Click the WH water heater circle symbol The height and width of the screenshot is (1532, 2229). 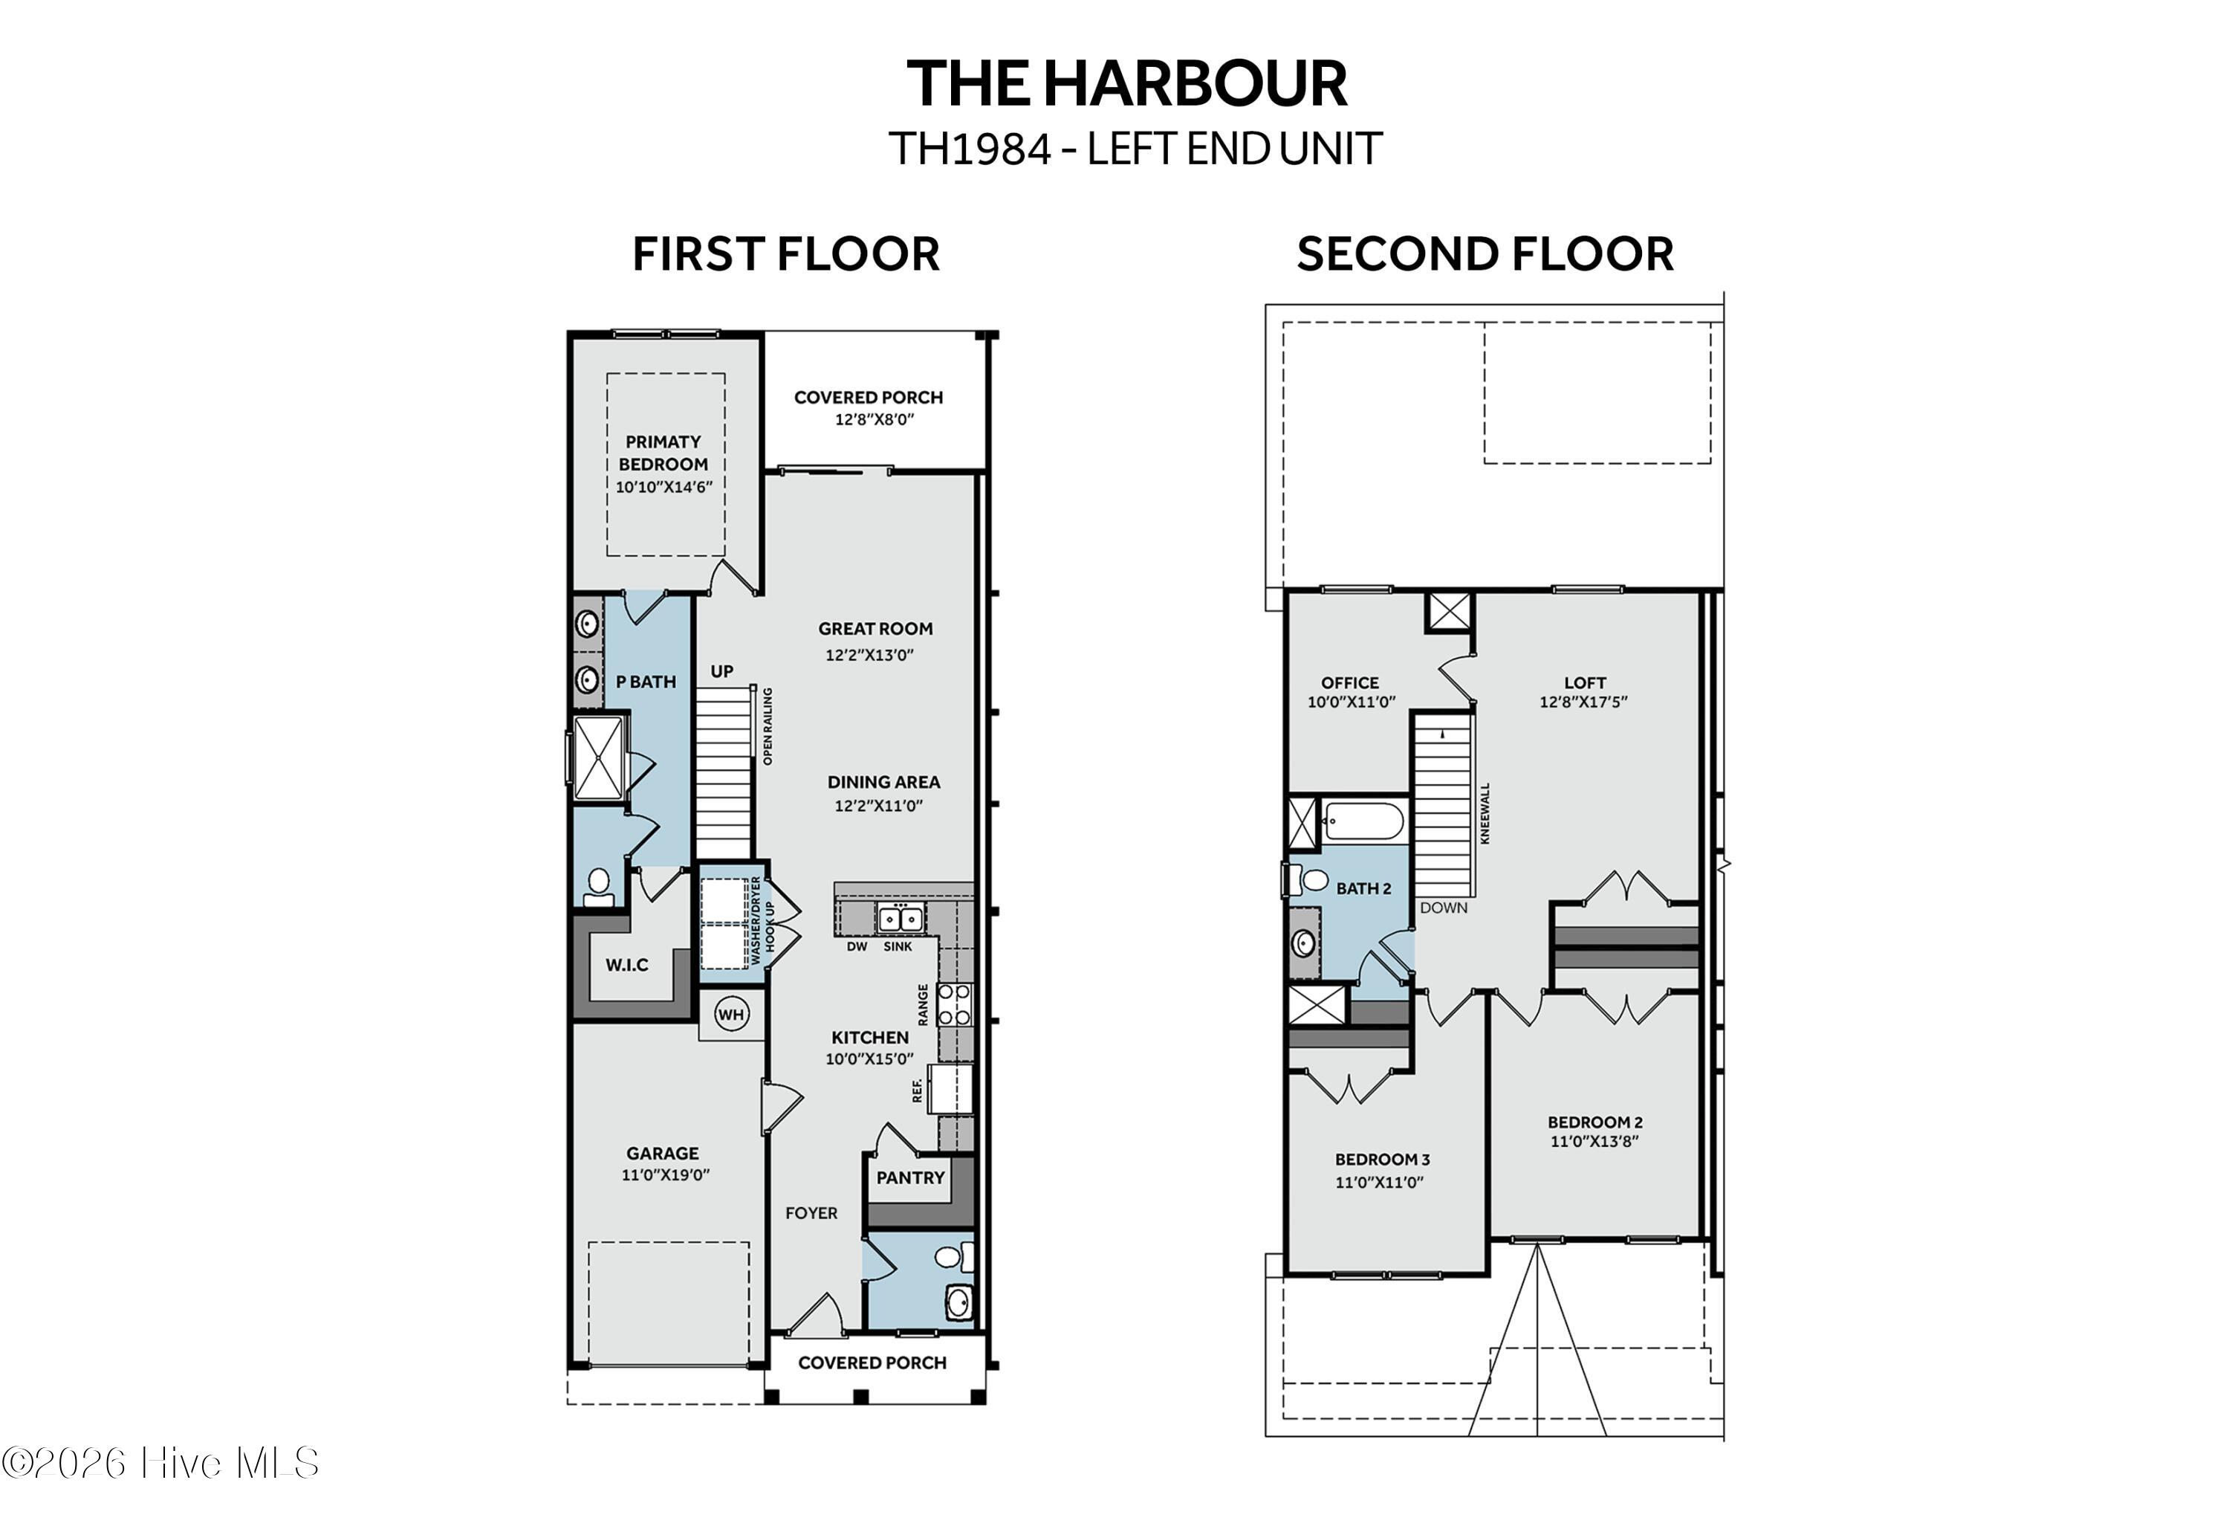pyautogui.click(x=731, y=1014)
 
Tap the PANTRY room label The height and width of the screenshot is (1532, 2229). pyautogui.click(x=909, y=1177)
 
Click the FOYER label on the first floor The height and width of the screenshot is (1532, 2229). pyautogui.click(x=811, y=1212)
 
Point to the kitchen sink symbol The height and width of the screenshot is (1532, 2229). pyautogui.click(x=899, y=919)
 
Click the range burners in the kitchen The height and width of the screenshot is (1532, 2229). pyautogui.click(x=955, y=1004)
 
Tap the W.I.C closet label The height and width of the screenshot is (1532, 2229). pyautogui.click(x=626, y=965)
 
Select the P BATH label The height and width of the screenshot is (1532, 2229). pyautogui.click(x=646, y=682)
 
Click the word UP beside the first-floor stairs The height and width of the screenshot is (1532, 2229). pyautogui.click(x=721, y=671)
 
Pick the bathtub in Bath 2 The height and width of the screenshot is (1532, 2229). pyautogui.click(x=1363, y=821)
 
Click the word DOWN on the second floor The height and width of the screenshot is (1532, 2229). pyautogui.click(x=1443, y=907)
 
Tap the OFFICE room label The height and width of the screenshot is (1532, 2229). pyautogui.click(x=1350, y=682)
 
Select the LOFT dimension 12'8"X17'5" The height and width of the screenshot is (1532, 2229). pyautogui.click(x=1583, y=702)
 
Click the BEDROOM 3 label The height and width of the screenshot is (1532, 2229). pyautogui.click(x=1382, y=1160)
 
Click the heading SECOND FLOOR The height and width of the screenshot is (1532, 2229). pyautogui.click(x=1485, y=254)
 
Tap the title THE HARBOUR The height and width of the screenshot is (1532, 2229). pyautogui.click(x=1126, y=83)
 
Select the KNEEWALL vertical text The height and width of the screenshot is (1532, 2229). pyautogui.click(x=1485, y=813)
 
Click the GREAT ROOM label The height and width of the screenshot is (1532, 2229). pyautogui.click(x=875, y=629)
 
